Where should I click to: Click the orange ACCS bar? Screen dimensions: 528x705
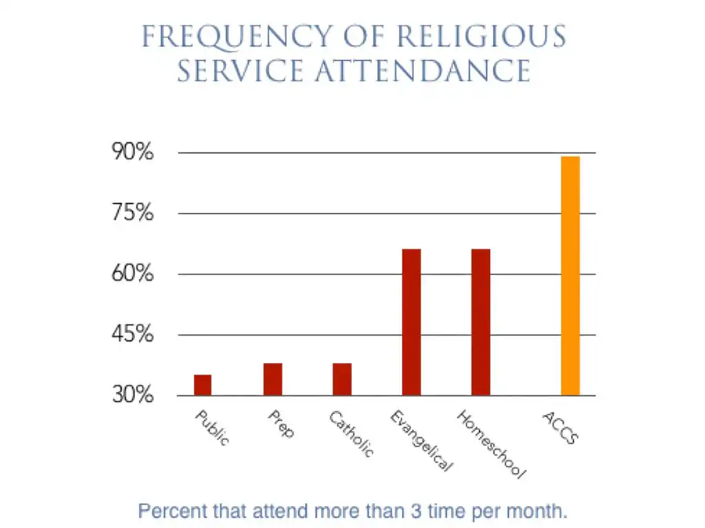pos(570,276)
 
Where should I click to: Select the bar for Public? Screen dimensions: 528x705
pos(202,385)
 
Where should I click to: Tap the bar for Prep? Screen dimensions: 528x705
pos(273,379)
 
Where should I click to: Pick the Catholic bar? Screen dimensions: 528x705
pos(342,379)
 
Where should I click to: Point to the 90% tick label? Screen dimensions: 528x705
pos(133,153)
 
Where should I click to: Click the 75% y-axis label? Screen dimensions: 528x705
pos(133,213)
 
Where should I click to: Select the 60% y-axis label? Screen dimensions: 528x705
pos(133,274)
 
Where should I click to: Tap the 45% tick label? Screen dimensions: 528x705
pos(133,335)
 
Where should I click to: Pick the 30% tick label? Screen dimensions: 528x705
pos(133,396)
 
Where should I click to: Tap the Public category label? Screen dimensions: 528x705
pos(212,428)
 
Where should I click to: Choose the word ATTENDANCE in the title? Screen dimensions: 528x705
pos(422,71)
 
